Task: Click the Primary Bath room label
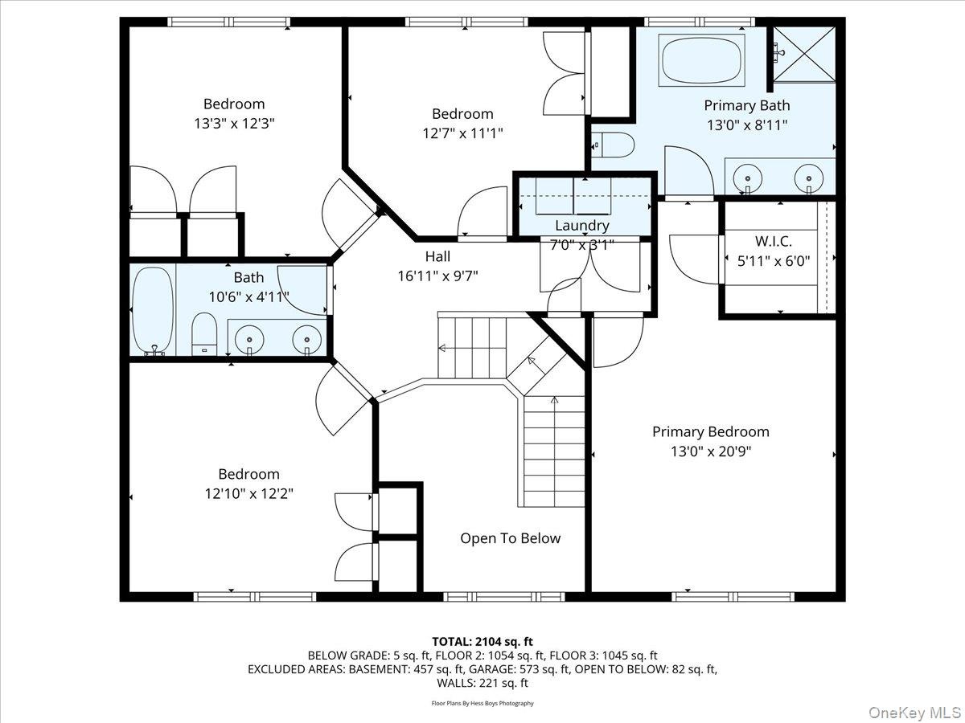pyautogui.click(x=746, y=105)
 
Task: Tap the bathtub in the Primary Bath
pyautogui.click(x=701, y=60)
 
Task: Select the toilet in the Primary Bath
pyautogui.click(x=613, y=145)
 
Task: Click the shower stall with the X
pyautogui.click(x=804, y=55)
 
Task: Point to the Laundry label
pyautogui.click(x=582, y=226)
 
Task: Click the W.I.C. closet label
pyautogui.click(x=774, y=241)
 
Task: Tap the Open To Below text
pyautogui.click(x=511, y=538)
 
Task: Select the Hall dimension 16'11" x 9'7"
pyautogui.click(x=438, y=276)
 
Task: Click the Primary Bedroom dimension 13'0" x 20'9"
pyautogui.click(x=711, y=451)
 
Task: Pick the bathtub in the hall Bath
pyautogui.click(x=153, y=310)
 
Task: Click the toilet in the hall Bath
pyautogui.click(x=204, y=334)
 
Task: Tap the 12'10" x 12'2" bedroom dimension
pyautogui.click(x=248, y=494)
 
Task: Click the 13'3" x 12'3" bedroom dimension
pyautogui.click(x=234, y=124)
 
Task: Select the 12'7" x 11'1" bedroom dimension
pyautogui.click(x=462, y=133)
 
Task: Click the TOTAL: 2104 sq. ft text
pyautogui.click(x=482, y=642)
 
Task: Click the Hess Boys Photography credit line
pyautogui.click(x=482, y=703)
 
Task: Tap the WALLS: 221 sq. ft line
pyautogui.click(x=482, y=683)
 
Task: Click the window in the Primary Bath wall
pyautogui.click(x=700, y=22)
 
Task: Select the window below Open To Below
pyautogui.click(x=504, y=597)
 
